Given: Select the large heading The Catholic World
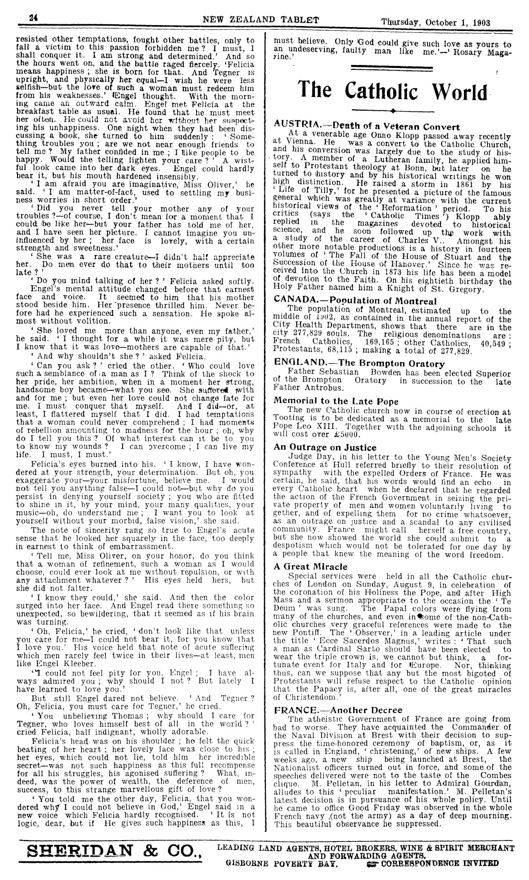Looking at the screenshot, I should coord(393,91).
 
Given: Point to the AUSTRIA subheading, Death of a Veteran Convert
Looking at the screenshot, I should coord(367,126).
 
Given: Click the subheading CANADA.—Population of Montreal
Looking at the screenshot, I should coord(355,301).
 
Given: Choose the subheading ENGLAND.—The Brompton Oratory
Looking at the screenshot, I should coord(359,363).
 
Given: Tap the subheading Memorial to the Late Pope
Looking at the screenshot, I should coord(336,401).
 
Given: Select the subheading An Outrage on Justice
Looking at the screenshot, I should coord(325,447).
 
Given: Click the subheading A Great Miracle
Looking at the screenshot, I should coord(311,567).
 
